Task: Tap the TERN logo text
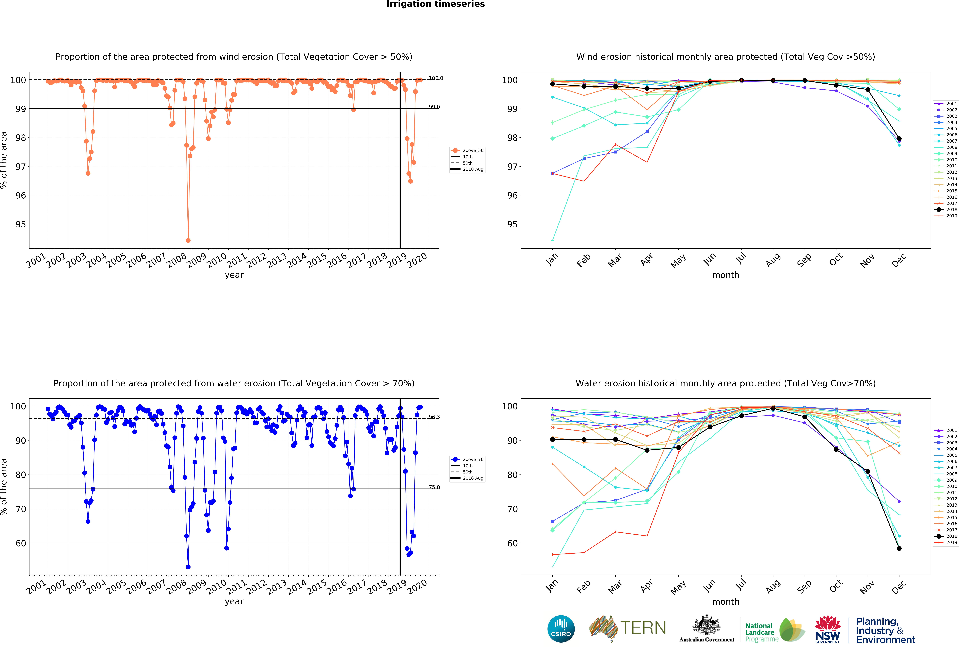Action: [x=643, y=628]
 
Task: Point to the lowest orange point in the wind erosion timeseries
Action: [x=188, y=240]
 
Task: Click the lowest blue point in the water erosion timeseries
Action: [x=188, y=567]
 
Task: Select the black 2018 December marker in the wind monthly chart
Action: [x=899, y=139]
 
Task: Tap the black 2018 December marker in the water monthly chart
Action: [x=899, y=548]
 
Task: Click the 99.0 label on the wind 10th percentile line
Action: [x=434, y=107]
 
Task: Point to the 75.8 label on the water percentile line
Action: [x=434, y=487]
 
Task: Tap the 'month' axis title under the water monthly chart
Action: [x=725, y=602]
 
